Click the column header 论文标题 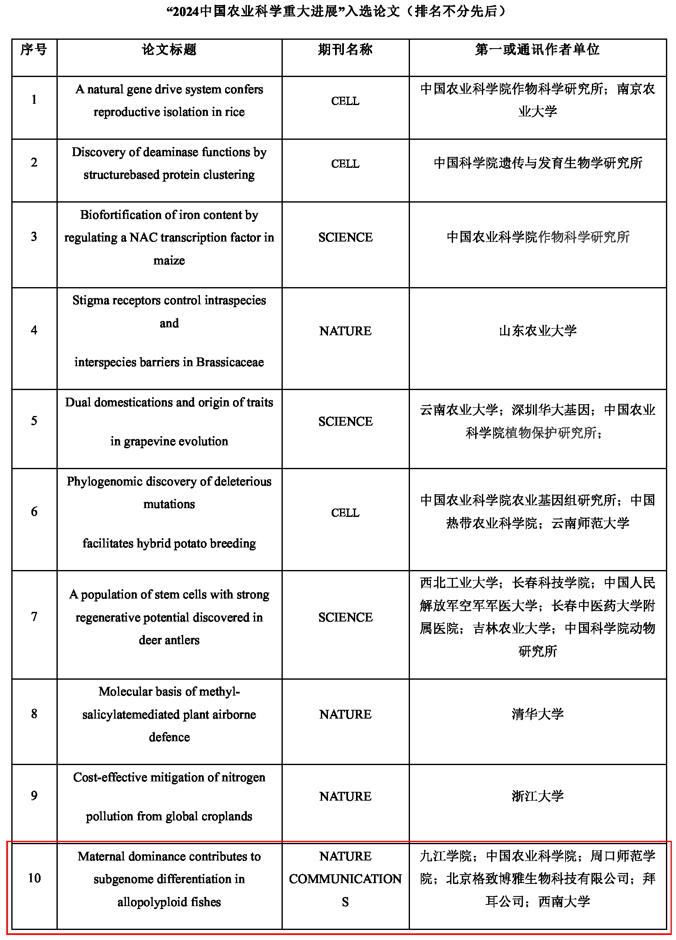[x=169, y=50]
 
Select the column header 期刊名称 [x=345, y=50]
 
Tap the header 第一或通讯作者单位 [x=538, y=50]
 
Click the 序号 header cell [x=34, y=50]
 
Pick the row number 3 [x=34, y=237]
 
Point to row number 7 [x=34, y=616]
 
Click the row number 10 [x=34, y=878]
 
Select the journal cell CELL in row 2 [x=345, y=164]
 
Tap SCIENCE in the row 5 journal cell [x=345, y=421]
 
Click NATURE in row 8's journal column [x=345, y=714]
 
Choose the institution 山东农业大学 [x=538, y=331]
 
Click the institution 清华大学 [x=538, y=714]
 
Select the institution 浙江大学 [x=538, y=796]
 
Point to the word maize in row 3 [x=169, y=260]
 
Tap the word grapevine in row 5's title [x=148, y=442]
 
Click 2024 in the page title [x=186, y=11]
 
